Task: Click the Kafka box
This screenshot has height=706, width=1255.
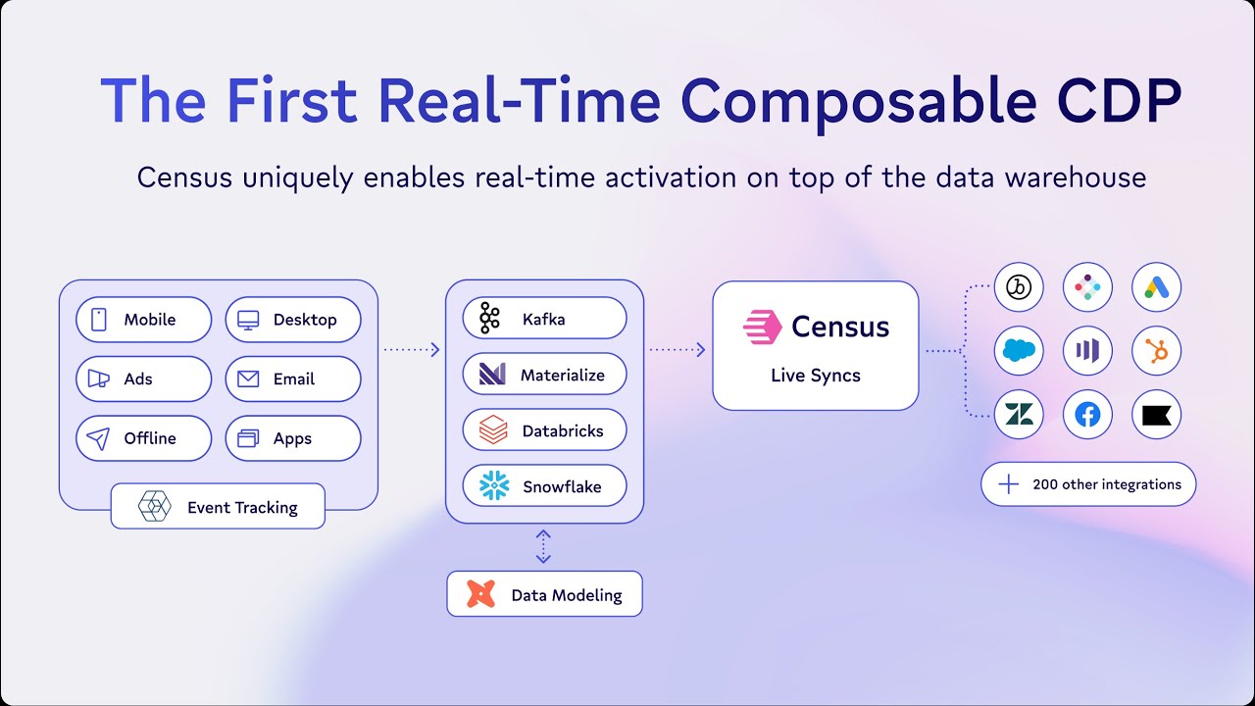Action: click(544, 319)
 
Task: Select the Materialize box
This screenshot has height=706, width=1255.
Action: click(544, 375)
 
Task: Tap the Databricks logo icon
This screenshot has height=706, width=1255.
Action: click(493, 430)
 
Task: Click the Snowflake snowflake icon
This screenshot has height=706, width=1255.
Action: click(493, 486)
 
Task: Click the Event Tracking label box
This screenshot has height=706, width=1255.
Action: click(218, 507)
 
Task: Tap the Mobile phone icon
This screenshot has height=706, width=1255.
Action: click(99, 320)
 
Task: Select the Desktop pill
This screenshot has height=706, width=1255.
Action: click(293, 320)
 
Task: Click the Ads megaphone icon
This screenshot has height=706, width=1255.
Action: click(99, 379)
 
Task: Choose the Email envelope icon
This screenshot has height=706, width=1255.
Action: click(248, 379)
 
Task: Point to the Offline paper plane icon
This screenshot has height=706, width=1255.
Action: click(99, 438)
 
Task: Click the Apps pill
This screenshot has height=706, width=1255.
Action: click(293, 438)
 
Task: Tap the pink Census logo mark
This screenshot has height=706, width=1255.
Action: click(762, 327)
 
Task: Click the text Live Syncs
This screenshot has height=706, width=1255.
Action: click(815, 377)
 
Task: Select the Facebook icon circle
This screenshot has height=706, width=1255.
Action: click(1087, 415)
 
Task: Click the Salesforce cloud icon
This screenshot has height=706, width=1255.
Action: click(1019, 351)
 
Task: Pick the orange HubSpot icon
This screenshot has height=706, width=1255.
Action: click(1157, 351)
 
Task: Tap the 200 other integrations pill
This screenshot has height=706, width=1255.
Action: click(1088, 484)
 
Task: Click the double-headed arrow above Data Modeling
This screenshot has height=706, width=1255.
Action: click(543, 547)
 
